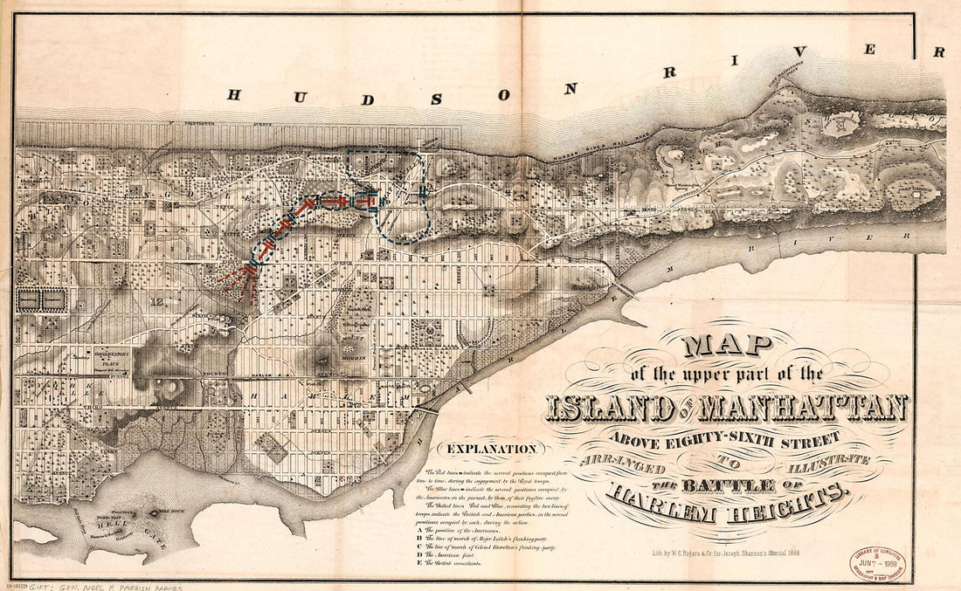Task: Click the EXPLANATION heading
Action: click(492, 450)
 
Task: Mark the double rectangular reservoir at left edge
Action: click(43, 299)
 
